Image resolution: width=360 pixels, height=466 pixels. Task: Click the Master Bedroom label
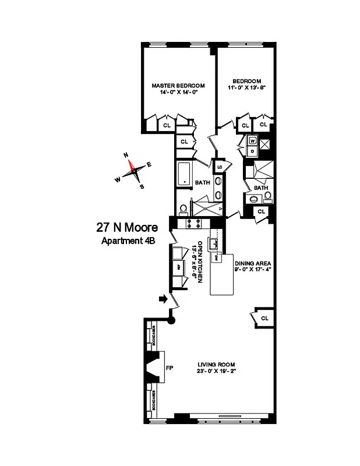(178, 85)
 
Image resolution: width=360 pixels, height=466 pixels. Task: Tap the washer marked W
(253, 140)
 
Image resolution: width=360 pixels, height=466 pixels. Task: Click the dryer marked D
(253, 150)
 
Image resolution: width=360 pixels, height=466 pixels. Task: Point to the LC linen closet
(220, 168)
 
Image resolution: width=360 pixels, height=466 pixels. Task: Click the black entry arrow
(164, 299)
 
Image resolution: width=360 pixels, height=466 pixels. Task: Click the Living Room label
(216, 365)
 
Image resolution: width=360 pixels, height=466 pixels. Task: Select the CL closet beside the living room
(264, 318)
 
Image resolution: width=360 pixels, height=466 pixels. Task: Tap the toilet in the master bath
(183, 208)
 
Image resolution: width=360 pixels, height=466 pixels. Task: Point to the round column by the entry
(171, 320)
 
